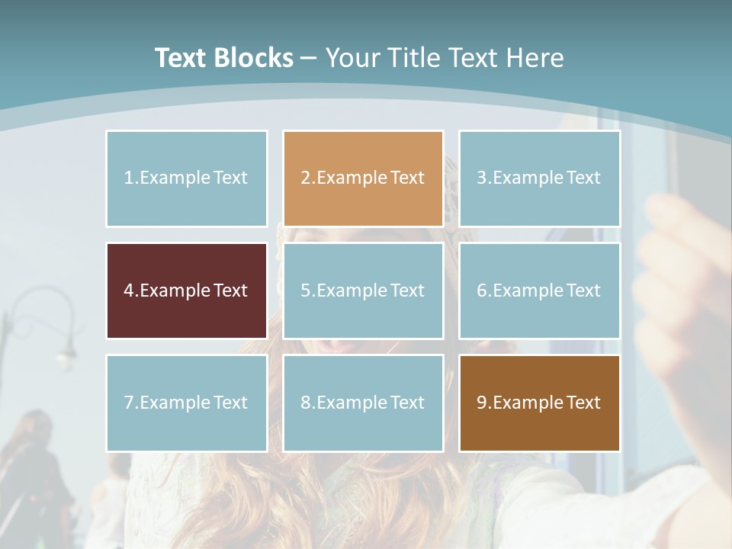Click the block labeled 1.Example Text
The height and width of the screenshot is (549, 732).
pyautogui.click(x=187, y=178)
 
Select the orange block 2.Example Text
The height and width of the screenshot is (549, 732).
pyautogui.click(x=363, y=178)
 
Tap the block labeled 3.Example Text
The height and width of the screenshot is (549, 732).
pyautogui.click(x=539, y=178)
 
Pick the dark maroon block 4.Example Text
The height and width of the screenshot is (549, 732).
pyautogui.click(x=187, y=291)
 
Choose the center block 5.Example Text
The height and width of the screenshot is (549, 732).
pyautogui.click(x=363, y=291)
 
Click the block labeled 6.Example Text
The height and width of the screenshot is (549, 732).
pyautogui.click(x=539, y=291)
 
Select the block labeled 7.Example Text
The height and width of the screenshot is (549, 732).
pyautogui.click(x=187, y=403)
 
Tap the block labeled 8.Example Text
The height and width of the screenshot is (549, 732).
pyautogui.click(x=363, y=403)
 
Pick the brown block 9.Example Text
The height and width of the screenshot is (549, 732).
pyautogui.click(x=539, y=403)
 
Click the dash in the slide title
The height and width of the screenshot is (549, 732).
pyautogui.click(x=309, y=59)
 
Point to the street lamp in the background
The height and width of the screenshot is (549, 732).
pyautogui.click(x=65, y=347)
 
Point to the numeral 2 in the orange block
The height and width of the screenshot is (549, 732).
pyautogui.click(x=305, y=178)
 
